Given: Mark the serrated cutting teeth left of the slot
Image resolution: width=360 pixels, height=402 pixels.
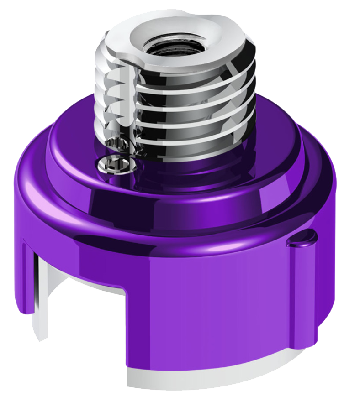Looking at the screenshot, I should click(x=110, y=96).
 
